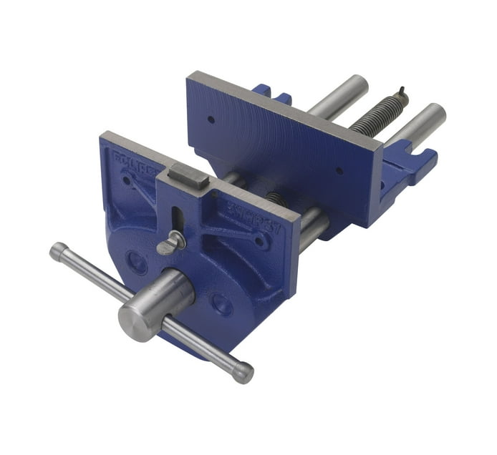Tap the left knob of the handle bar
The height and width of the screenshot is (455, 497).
pyautogui.click(x=59, y=251)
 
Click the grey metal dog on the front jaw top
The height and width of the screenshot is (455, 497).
pyautogui.click(x=188, y=175)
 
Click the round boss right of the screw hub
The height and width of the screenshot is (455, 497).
pyautogui.click(x=222, y=305)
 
